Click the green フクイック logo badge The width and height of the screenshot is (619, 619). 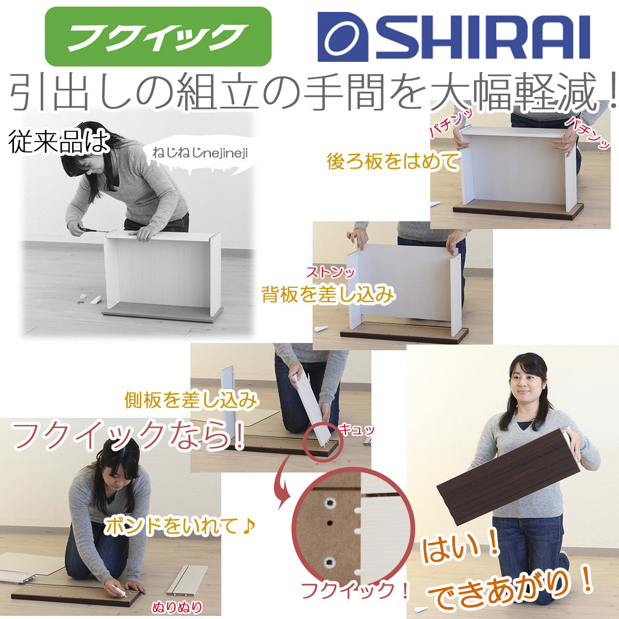pyautogui.click(x=158, y=36)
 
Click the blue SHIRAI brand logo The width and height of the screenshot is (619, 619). pyautogui.click(x=453, y=37)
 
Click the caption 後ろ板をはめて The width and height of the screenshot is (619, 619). pyautogui.click(x=393, y=161)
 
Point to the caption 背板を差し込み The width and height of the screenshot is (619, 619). pyautogui.click(x=328, y=295)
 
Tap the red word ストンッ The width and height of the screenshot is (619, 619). pyautogui.click(x=331, y=273)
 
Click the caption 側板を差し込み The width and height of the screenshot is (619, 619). pyautogui.click(x=191, y=400)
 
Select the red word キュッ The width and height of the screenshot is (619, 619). pyautogui.click(x=356, y=430)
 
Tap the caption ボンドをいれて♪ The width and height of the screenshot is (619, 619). pyautogui.click(x=180, y=526)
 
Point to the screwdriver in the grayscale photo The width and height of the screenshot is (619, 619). pyautogui.click(x=95, y=230)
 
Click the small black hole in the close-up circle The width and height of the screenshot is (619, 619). pyautogui.click(x=329, y=523)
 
